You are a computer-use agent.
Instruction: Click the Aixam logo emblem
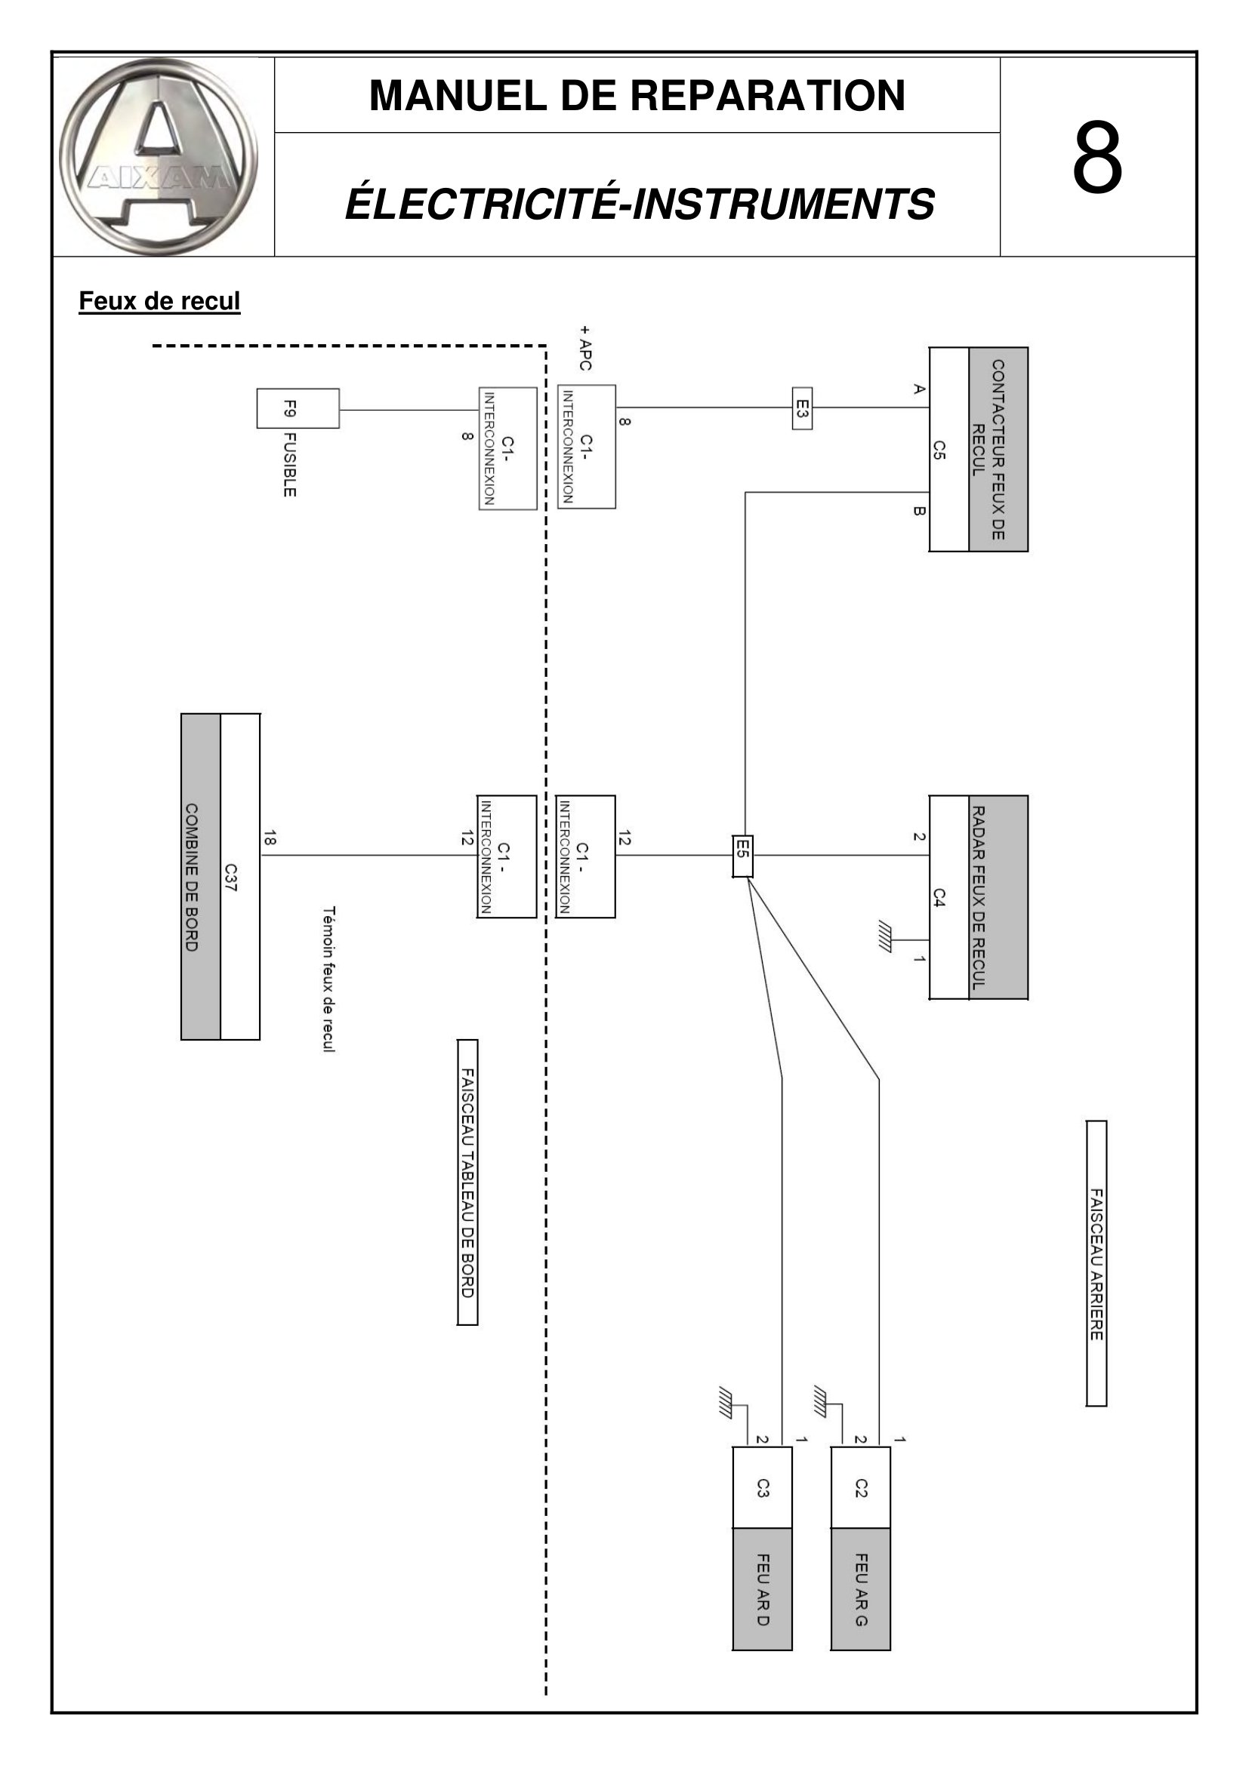pyautogui.click(x=159, y=157)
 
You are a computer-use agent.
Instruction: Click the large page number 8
pyautogui.click(x=1097, y=157)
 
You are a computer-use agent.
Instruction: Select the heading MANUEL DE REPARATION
pyautogui.click(x=637, y=95)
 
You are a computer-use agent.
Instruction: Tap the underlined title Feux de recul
pyautogui.click(x=160, y=300)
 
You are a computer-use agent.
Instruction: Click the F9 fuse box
pyautogui.click(x=298, y=408)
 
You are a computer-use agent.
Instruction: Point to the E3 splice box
pyautogui.click(x=802, y=408)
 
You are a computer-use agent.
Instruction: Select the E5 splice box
pyautogui.click(x=743, y=856)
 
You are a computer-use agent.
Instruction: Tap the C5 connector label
pyautogui.click(x=939, y=450)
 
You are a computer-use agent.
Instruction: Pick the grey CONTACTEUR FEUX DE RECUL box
pyautogui.click(x=998, y=449)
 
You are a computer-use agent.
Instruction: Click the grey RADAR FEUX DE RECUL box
pyautogui.click(x=998, y=897)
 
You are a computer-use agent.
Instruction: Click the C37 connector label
pyautogui.click(x=231, y=878)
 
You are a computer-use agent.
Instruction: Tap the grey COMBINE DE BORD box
pyautogui.click(x=201, y=877)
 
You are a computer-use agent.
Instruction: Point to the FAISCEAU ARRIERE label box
pyautogui.click(x=1096, y=1264)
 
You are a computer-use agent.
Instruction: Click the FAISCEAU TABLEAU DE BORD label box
pyautogui.click(x=467, y=1183)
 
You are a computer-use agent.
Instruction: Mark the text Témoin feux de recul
pyautogui.click(x=329, y=979)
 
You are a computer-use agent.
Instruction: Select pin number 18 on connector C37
pyautogui.click(x=269, y=838)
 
